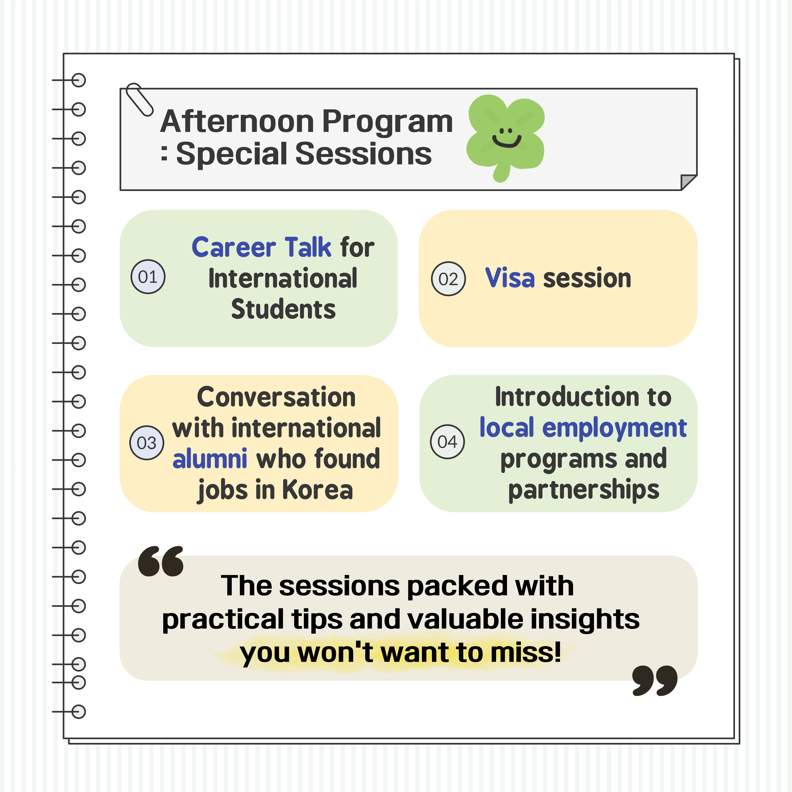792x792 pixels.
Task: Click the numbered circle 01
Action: point(148,277)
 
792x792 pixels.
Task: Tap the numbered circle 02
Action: point(449,279)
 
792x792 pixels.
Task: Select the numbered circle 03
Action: point(147,443)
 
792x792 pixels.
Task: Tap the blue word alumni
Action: point(209,458)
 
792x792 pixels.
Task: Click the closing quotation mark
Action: point(655,680)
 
